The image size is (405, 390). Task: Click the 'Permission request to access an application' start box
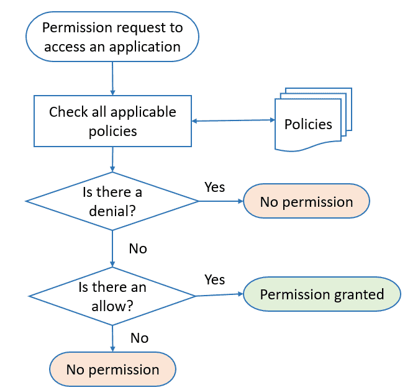click(112, 37)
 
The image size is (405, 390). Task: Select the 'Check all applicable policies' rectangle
click(112, 122)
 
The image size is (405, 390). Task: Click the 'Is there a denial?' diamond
click(112, 201)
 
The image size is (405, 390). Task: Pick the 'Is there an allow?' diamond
click(112, 296)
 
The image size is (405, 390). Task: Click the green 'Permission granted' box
click(322, 294)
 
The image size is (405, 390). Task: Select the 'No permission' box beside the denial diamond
click(306, 201)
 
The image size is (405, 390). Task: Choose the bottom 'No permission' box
click(112, 370)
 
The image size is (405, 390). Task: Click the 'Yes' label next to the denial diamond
click(214, 187)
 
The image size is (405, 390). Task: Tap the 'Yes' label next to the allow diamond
click(214, 280)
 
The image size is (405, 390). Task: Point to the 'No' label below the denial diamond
click(138, 248)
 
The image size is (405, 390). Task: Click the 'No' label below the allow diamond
click(139, 338)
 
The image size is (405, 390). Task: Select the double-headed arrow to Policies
click(233, 120)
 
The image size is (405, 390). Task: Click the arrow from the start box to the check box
click(112, 78)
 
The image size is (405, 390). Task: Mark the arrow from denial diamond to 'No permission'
click(220, 201)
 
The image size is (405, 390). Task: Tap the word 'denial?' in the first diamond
click(112, 210)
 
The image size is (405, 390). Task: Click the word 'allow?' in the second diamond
click(112, 305)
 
